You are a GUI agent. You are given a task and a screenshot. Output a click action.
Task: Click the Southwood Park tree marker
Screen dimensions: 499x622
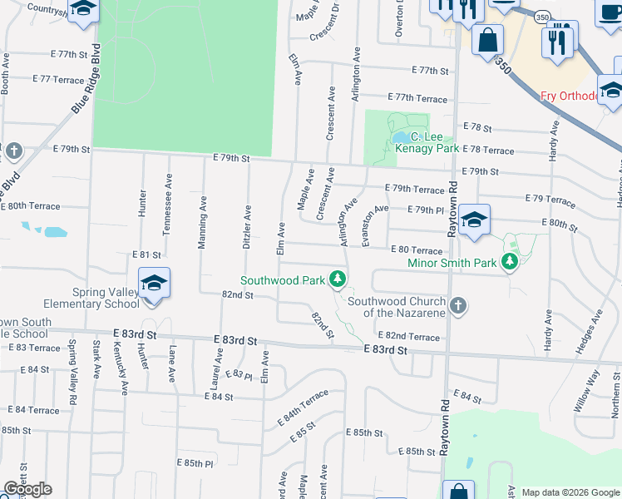point(337,279)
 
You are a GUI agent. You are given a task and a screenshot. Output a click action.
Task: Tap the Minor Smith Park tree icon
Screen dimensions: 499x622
point(511,263)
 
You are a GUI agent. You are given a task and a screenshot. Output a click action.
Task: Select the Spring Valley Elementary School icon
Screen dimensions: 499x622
point(154,284)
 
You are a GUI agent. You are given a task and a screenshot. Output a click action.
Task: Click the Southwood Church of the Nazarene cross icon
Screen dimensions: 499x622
point(457,306)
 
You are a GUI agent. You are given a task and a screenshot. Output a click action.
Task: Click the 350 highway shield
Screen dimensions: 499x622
point(541,17)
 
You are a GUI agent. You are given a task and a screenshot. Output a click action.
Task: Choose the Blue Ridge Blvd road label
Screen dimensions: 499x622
point(90,78)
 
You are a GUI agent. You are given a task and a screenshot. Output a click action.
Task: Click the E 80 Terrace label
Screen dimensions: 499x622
point(417,249)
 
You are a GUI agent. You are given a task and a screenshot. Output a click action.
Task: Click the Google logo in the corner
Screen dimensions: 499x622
point(27,489)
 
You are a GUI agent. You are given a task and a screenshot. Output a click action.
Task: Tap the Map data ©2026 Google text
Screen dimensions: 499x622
point(570,492)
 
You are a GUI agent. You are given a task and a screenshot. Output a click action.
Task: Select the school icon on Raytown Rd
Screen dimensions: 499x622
point(474,220)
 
